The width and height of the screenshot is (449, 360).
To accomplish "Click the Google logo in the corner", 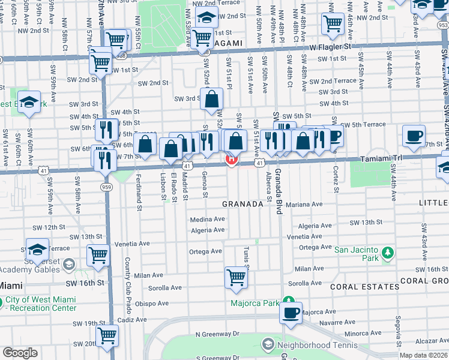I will point(20,353).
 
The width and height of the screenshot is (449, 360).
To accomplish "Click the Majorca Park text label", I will point(256,303).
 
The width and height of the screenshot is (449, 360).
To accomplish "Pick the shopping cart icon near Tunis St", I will point(237,277).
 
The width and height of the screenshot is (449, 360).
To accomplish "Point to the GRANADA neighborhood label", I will point(243,204).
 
